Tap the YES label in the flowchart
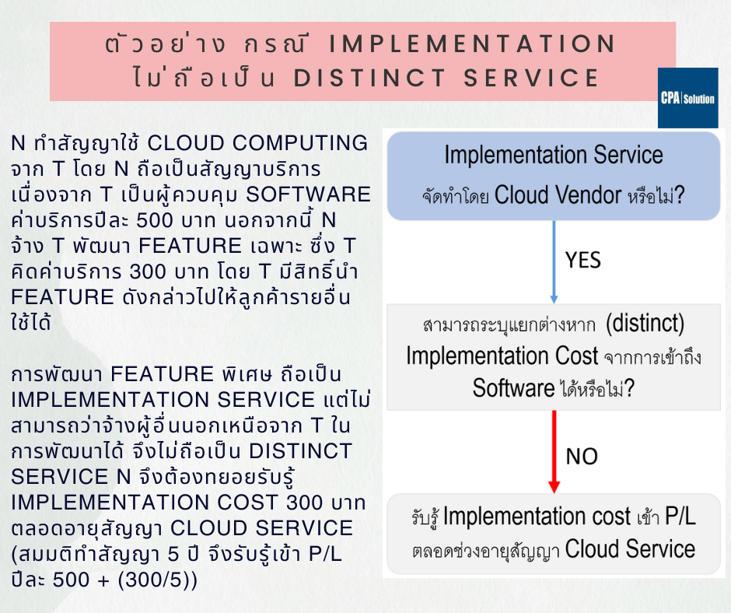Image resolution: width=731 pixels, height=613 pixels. pyautogui.click(x=583, y=259)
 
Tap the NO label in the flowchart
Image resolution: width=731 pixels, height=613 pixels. pyautogui.click(x=582, y=455)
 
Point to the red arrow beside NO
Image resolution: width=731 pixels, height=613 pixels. pyautogui.click(x=554, y=451)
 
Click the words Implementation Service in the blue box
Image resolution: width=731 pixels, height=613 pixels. pyautogui.click(x=553, y=155)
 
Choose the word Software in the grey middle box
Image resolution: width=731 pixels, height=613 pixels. pyautogui.click(x=513, y=387)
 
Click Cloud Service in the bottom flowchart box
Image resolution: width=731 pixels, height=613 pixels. pyautogui.click(x=630, y=549)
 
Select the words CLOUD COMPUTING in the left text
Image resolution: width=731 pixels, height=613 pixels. pyautogui.click(x=257, y=144)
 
